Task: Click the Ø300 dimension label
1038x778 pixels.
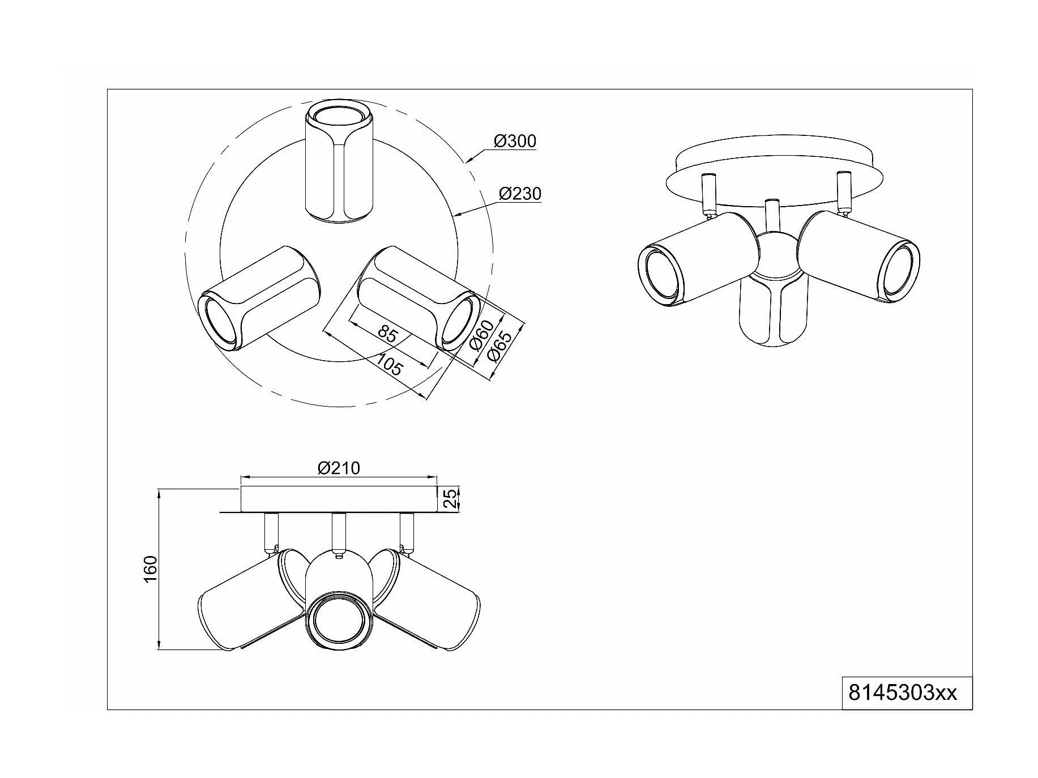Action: point(514,140)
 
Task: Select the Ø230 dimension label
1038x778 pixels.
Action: point(519,194)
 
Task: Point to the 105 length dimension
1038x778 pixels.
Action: point(388,365)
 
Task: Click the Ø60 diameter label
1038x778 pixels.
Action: point(482,336)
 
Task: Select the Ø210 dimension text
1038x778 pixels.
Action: point(339,468)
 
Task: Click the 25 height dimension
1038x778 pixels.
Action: point(449,499)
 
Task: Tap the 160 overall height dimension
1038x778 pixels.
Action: point(149,569)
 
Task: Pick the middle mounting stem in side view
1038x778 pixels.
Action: point(339,532)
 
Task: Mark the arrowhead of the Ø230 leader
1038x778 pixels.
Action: point(456,215)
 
